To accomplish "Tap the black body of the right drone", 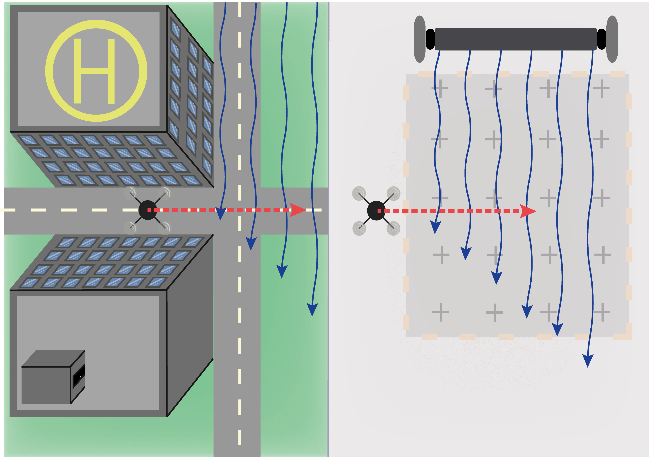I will pos(376,211).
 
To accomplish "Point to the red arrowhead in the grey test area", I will pos(527,211).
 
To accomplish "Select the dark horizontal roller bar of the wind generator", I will pos(515,39).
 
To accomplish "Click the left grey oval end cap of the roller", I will pos(419,39).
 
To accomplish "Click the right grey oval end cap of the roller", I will pos(612,39).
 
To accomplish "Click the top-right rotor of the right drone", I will pos(393,194).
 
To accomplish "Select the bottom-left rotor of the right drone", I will pos(359,228).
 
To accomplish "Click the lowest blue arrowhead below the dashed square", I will pos(588,361).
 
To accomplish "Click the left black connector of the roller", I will pos(430,39).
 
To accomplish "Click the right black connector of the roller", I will pos(601,39).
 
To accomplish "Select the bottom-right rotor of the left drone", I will pos(165,228).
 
